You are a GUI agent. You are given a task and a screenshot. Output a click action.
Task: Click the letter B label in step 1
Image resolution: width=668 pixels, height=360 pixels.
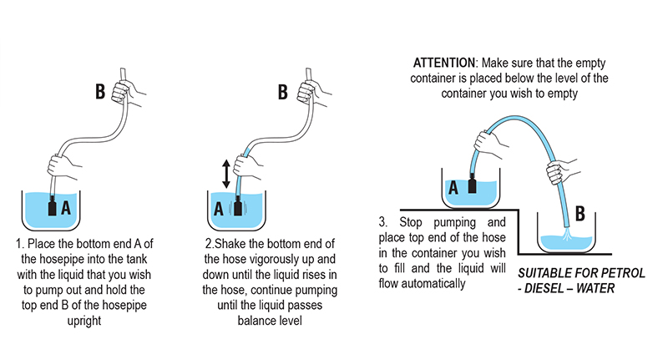pos(100,90)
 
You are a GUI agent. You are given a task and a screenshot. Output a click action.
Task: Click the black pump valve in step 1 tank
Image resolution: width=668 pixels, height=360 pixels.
pos(52,205)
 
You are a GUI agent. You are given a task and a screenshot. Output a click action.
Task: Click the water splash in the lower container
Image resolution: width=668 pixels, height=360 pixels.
pos(564,238)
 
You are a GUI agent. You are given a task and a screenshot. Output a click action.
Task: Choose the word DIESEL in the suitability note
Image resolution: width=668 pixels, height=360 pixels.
pos(549,289)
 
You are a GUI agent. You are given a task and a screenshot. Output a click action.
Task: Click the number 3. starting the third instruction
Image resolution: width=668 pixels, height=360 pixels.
pos(383,223)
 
